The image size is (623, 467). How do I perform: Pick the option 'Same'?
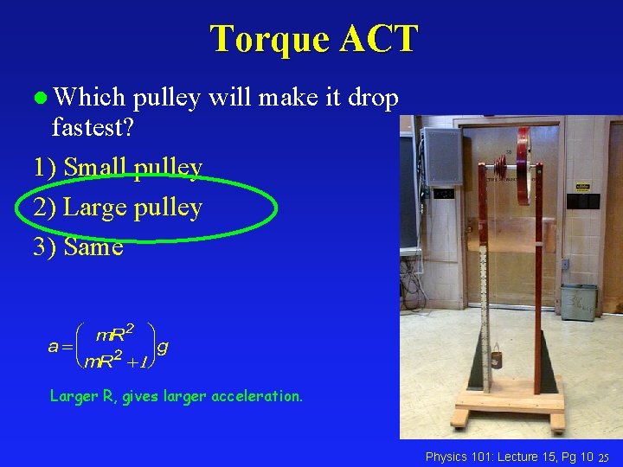[93, 247]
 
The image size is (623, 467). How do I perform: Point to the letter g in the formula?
[163, 347]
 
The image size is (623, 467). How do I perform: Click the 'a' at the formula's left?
[54, 347]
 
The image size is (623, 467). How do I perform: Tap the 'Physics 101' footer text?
[464, 456]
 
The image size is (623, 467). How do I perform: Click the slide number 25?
[606, 457]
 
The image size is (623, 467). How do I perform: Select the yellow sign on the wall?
[583, 186]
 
